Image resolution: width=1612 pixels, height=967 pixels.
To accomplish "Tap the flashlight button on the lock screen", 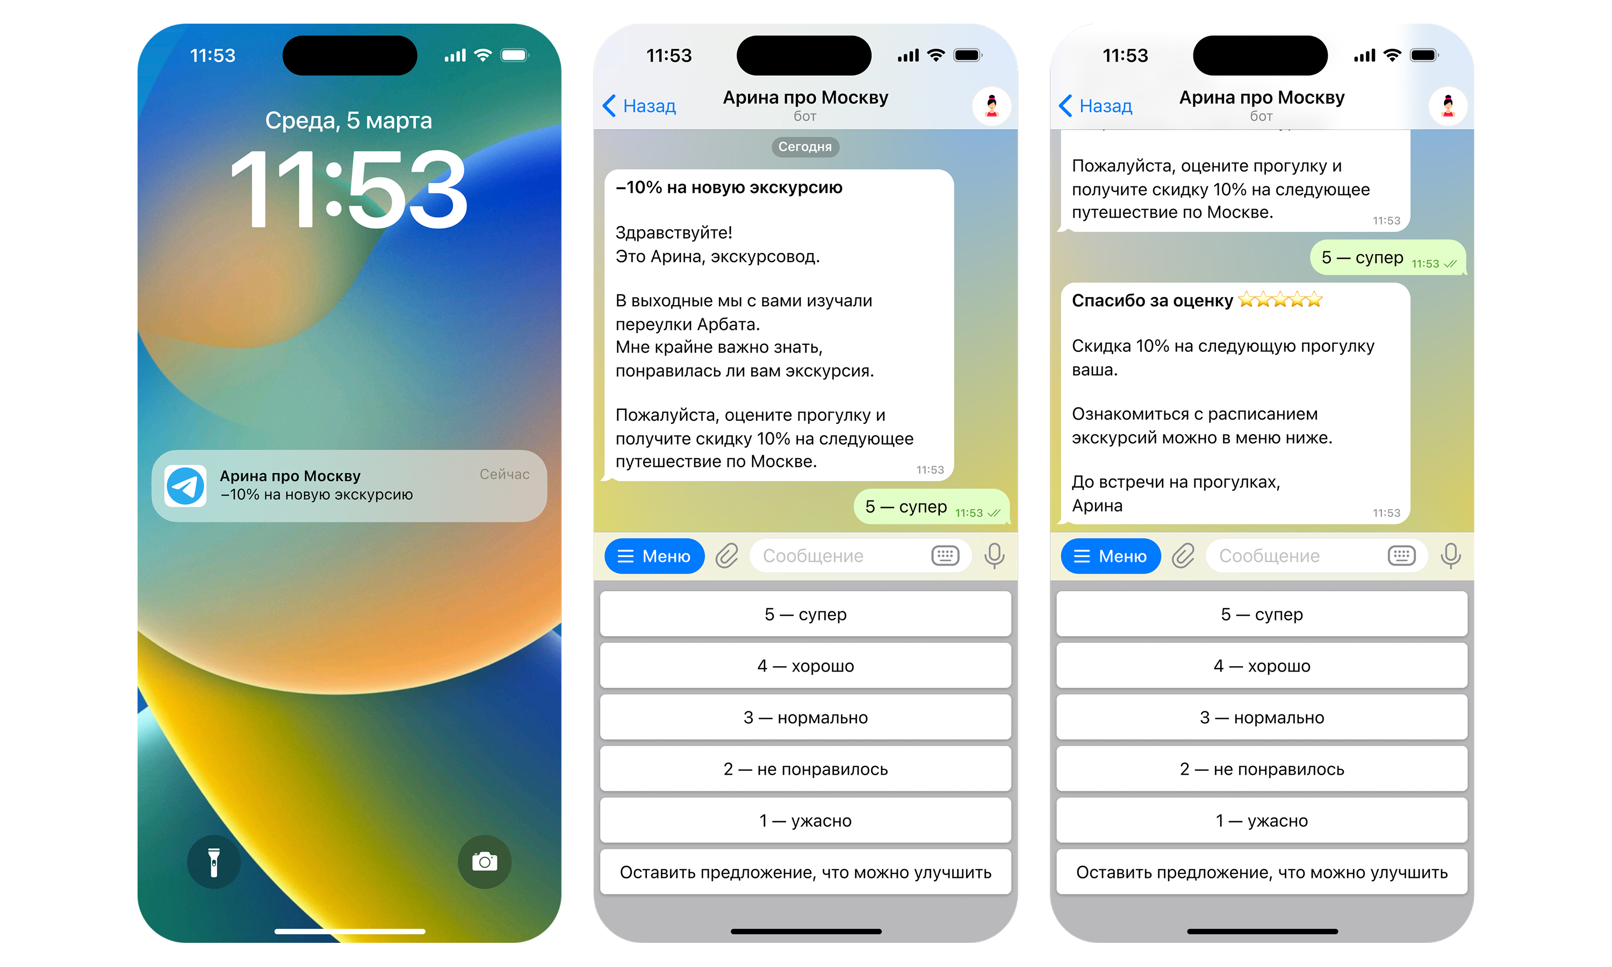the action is pos(214,862).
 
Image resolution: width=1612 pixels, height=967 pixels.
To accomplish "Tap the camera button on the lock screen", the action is pos(484,862).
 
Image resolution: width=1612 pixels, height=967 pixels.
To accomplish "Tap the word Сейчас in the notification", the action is pos(505,474).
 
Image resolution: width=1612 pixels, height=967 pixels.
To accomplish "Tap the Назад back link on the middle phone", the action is pos(640,105).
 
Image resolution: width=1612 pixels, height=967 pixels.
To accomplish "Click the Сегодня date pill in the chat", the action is pos(805,147).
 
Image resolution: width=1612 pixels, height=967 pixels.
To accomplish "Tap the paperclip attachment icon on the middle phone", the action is pos(726,556).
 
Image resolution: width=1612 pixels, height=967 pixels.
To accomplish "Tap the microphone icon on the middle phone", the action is pos(994,556).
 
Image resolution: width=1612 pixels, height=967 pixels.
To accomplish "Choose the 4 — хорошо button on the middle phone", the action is pos(805,665).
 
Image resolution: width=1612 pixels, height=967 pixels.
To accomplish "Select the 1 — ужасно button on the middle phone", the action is pos(805,820).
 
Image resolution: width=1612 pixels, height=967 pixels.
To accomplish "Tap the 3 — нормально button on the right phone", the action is pos(1262,717).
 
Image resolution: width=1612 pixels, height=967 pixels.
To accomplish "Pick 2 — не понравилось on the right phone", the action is pos(1262,769).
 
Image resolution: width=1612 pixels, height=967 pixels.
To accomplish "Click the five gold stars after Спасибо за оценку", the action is pos(1280,300).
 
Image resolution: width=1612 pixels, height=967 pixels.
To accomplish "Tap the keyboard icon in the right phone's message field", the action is pos(1401,556).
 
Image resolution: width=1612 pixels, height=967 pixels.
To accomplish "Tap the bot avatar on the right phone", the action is pos(1447,105).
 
